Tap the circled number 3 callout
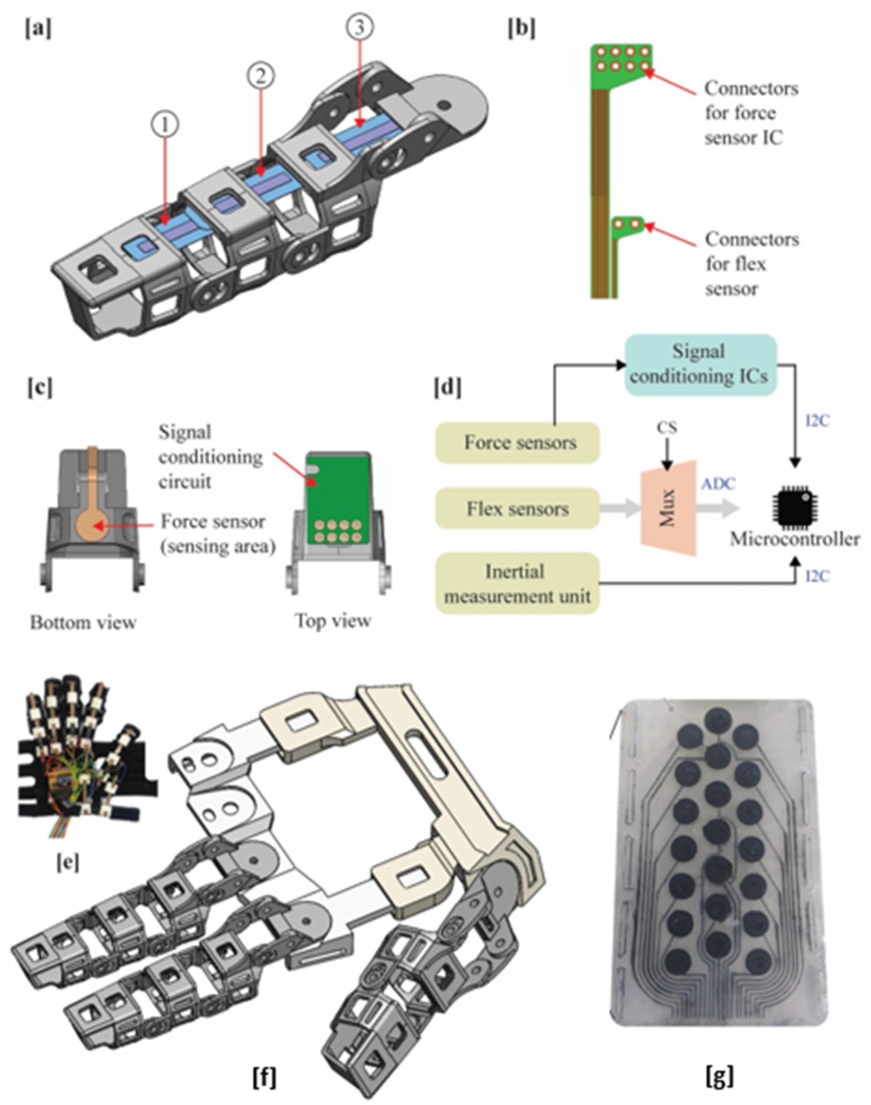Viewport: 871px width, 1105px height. [359, 27]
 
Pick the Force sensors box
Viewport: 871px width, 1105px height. [518, 442]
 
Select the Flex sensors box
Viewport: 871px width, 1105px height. [518, 509]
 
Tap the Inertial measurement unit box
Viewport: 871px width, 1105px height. [518, 584]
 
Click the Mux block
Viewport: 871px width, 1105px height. [669, 508]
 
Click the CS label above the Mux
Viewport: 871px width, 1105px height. [667, 428]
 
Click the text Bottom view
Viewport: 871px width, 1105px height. [83, 622]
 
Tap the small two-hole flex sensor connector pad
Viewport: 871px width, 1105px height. [628, 224]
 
